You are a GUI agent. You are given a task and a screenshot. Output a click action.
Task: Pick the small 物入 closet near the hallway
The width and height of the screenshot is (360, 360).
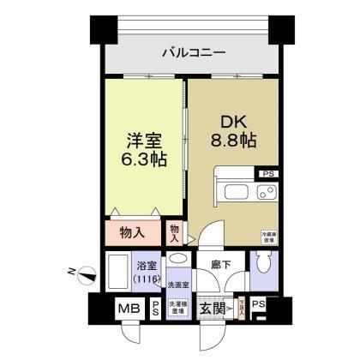coord(174,232)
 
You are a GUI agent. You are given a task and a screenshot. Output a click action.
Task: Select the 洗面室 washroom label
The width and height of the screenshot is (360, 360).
coord(177,284)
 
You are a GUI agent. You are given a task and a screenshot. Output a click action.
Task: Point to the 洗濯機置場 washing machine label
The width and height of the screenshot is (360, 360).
coord(177,307)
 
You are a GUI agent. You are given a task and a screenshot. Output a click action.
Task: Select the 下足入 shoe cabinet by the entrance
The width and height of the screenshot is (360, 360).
coord(243,309)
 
